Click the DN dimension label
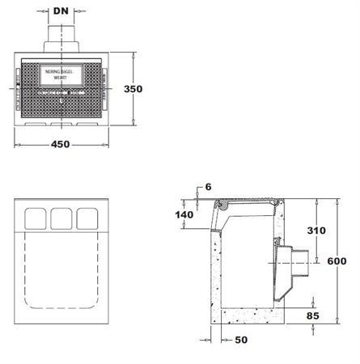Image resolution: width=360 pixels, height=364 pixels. (61, 12)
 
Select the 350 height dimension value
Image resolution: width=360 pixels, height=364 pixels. (145, 90)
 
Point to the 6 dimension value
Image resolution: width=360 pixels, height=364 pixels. (208, 187)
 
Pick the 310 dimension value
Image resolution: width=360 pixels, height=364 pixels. (316, 231)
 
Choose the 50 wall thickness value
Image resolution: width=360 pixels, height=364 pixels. (239, 341)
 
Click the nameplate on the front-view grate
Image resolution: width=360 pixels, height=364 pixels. (61, 74)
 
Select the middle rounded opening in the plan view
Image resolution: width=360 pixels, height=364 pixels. (61, 218)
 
